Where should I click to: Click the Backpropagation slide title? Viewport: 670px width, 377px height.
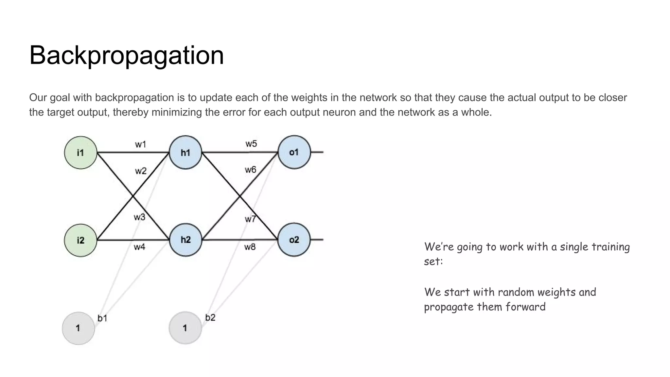coord(127,55)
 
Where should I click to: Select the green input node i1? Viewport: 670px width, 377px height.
coord(80,153)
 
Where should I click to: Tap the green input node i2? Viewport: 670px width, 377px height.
coord(80,240)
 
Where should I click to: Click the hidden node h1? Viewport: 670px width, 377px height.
coord(185,153)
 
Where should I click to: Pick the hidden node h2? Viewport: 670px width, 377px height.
coord(185,240)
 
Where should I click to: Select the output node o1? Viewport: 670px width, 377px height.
coord(294,152)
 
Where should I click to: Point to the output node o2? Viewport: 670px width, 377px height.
coord(294,240)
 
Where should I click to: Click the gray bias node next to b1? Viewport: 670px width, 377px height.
coord(78,328)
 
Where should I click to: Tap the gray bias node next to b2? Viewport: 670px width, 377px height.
coord(185,328)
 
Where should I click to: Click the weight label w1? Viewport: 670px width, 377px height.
coord(141,144)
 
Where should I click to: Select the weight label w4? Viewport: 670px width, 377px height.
coord(139,247)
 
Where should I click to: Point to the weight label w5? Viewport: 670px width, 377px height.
coord(251,144)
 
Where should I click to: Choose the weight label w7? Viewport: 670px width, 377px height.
coord(250,219)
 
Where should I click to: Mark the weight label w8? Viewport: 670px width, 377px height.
coord(250,247)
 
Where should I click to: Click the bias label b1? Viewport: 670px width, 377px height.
coord(102,318)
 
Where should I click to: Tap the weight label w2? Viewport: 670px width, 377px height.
coord(141,171)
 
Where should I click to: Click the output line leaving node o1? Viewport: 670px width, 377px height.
coord(317,152)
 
